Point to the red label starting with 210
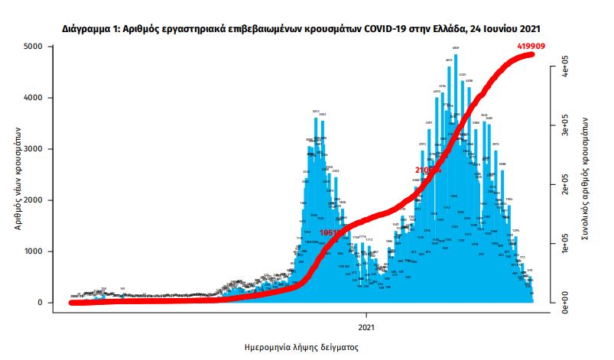pyautogui.click(x=428, y=170)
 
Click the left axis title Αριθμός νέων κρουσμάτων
pyautogui.click(x=17, y=175)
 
